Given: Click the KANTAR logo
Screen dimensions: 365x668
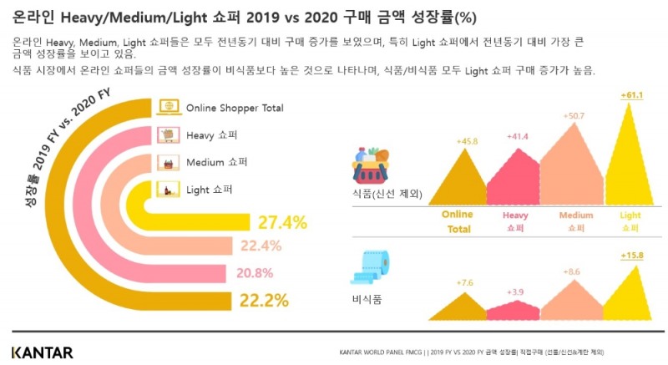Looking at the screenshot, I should click(43, 352).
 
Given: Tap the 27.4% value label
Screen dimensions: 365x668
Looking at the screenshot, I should click(282, 223).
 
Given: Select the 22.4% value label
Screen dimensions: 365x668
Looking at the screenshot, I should click(261, 246).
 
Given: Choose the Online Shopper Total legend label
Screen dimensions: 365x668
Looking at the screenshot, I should click(235, 108).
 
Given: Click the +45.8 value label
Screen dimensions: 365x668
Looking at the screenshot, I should click(467, 141).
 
